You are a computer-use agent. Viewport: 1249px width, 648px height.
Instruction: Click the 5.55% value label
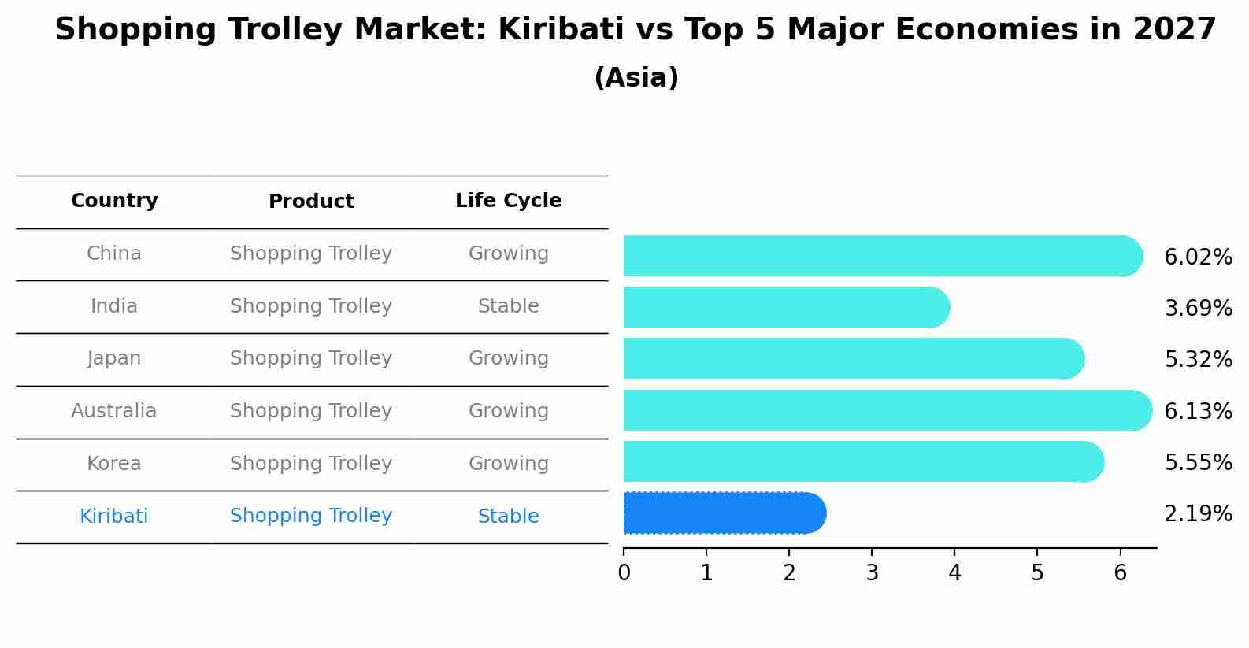(x=1198, y=462)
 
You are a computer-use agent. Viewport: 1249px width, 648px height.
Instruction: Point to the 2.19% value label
(x=1198, y=514)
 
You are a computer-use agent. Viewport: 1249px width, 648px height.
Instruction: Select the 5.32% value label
(x=1198, y=359)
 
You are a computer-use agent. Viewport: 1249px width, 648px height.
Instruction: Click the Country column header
(x=114, y=201)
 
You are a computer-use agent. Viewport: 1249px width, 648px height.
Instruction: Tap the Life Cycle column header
(x=508, y=201)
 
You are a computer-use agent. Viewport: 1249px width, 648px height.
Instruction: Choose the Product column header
(x=311, y=202)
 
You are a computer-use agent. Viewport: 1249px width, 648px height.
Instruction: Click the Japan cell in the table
(x=114, y=358)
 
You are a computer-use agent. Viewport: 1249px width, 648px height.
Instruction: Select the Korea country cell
(x=114, y=464)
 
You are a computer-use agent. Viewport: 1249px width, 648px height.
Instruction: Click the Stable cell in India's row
(x=508, y=306)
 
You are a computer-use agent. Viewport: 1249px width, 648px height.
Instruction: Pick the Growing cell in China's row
(x=508, y=254)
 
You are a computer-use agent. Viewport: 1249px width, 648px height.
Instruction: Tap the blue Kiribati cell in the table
(x=114, y=517)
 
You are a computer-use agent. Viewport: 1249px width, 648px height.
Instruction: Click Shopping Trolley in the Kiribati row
(x=311, y=516)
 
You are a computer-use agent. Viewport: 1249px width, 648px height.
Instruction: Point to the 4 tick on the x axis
(x=954, y=573)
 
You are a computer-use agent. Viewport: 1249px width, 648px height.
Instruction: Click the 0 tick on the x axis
(x=624, y=573)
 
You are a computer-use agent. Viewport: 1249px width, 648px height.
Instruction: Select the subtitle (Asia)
(x=636, y=78)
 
